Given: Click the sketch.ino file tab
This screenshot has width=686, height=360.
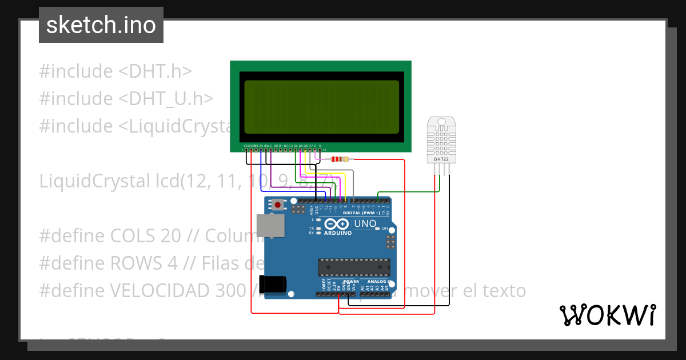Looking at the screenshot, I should [101, 25].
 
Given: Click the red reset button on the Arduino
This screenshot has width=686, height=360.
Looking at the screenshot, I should [278, 204].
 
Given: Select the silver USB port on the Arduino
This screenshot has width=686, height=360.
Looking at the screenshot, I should [270, 225].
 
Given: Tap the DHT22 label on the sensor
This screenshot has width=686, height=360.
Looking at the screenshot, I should [441, 159].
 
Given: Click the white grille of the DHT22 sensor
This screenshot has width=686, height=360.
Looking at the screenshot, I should [441, 139].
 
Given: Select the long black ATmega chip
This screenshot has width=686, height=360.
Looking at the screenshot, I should [354, 267].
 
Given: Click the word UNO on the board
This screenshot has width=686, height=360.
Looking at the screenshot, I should [365, 223].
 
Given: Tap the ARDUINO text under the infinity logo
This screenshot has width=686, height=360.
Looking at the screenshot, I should [338, 233].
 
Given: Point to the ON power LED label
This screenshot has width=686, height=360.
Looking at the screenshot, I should [385, 229].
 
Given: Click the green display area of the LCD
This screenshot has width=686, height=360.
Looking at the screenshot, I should [321, 107].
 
